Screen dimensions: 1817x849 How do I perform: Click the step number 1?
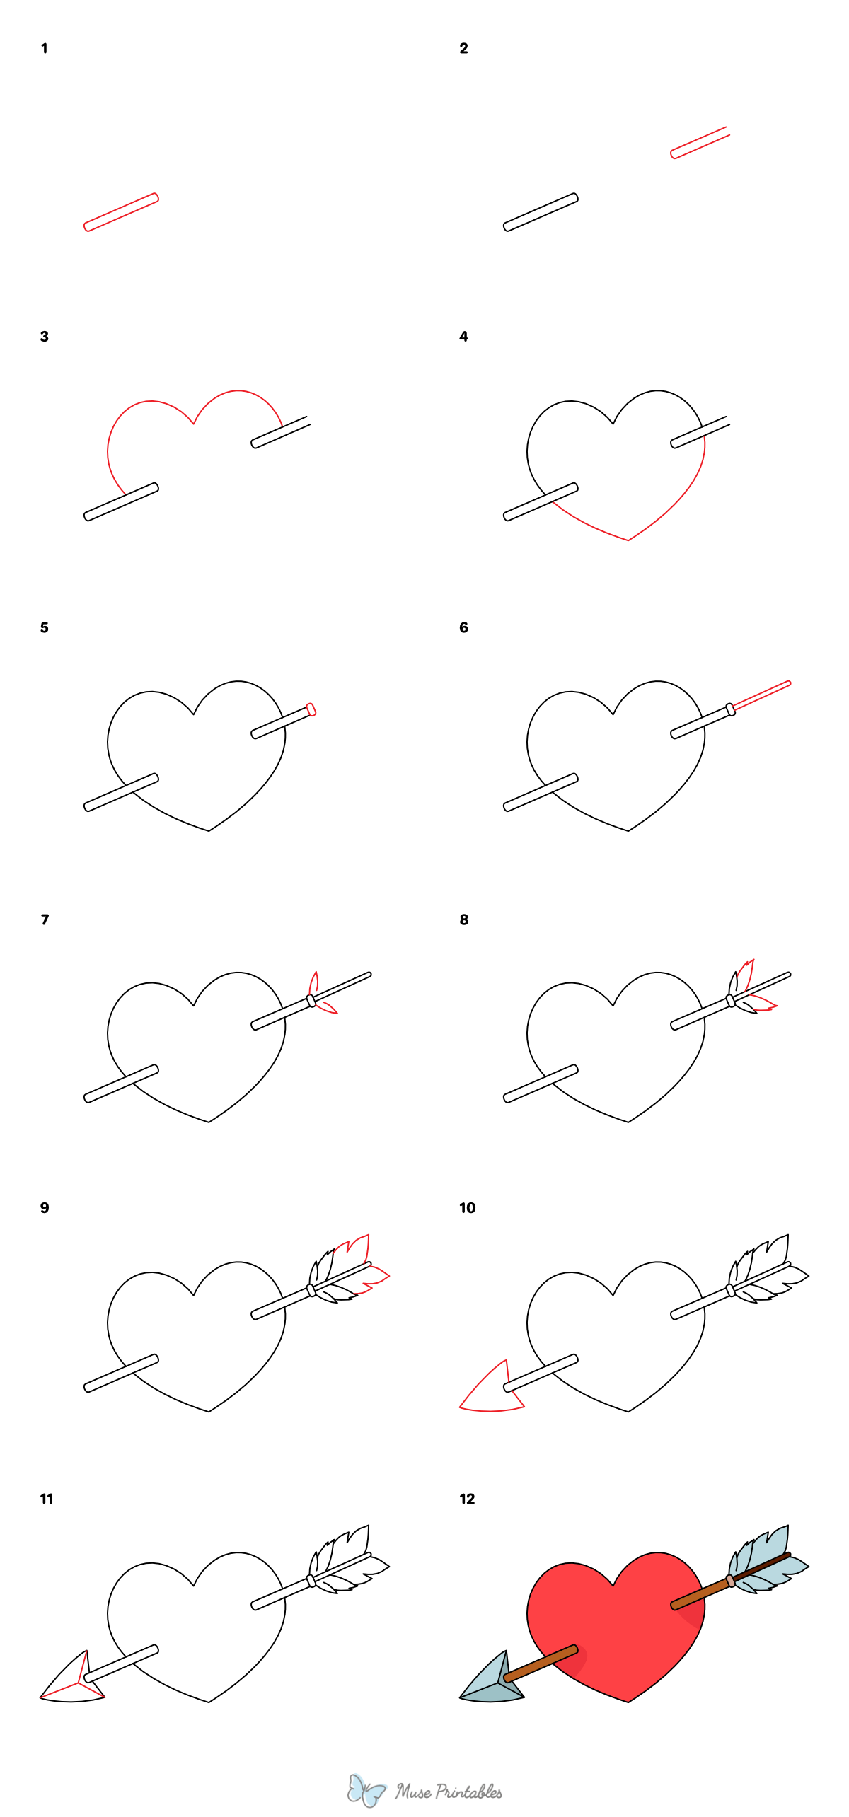(x=45, y=49)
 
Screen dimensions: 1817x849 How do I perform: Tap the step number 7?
(x=45, y=919)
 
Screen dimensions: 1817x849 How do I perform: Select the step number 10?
(x=467, y=1208)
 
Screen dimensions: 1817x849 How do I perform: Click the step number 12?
(x=467, y=1499)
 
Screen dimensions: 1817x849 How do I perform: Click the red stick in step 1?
(x=121, y=212)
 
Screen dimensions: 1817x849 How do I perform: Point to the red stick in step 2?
(x=699, y=143)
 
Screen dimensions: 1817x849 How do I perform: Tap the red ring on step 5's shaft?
(x=311, y=709)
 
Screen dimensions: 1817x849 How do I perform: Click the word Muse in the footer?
(x=413, y=1792)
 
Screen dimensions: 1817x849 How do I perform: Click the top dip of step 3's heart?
(x=194, y=423)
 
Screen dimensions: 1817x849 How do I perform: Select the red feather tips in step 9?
(x=368, y=1266)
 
